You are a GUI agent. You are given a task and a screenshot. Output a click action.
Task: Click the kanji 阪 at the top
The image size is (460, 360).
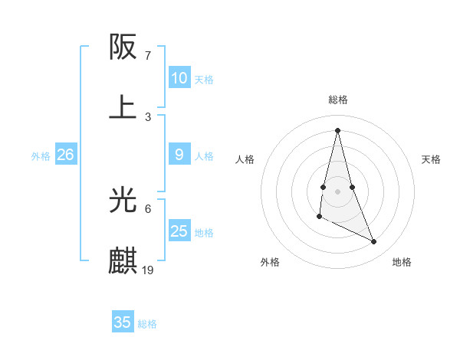(123, 48)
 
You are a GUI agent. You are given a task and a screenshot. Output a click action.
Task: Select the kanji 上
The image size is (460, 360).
(123, 107)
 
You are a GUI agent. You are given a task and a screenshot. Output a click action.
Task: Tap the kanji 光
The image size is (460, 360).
(123, 201)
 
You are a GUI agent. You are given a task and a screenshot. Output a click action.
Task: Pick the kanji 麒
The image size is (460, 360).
(123, 261)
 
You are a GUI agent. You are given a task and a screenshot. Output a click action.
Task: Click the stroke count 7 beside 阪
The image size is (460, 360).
(147, 56)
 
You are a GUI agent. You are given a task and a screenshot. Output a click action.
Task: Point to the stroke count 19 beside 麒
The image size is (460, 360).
(148, 270)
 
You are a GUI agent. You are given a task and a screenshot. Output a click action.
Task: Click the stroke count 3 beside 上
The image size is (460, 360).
(148, 116)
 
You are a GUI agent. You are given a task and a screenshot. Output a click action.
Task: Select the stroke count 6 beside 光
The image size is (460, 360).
(148, 208)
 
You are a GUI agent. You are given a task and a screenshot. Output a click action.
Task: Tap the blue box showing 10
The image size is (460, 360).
(179, 78)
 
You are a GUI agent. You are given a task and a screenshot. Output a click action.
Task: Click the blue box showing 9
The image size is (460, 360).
(179, 155)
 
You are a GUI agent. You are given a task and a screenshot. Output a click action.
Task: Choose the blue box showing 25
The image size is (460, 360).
(179, 231)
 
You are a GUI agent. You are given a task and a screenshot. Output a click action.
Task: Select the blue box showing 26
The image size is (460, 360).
(65, 155)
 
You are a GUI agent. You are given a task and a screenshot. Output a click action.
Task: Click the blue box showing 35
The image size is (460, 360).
(122, 322)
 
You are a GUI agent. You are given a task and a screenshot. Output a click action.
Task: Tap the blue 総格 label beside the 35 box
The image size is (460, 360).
(147, 324)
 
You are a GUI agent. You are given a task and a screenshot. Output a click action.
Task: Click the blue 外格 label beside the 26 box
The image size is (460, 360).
(41, 156)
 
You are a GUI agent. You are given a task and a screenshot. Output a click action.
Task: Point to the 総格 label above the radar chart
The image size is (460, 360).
(337, 100)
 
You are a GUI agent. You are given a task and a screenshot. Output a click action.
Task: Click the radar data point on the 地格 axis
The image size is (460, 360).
(374, 242)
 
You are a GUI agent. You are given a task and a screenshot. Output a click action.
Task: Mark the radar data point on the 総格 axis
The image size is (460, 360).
(337, 129)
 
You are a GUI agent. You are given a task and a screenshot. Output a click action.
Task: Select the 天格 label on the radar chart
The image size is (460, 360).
(431, 159)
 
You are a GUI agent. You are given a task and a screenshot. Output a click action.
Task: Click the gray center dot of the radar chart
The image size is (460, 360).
(337, 191)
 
